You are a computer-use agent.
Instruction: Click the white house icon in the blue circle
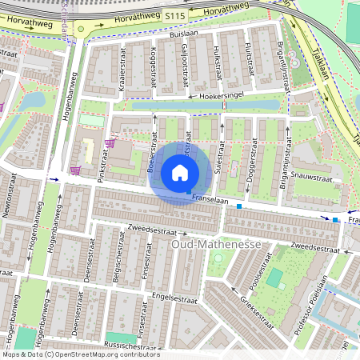click(180, 173)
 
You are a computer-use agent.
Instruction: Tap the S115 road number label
click(175, 14)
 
